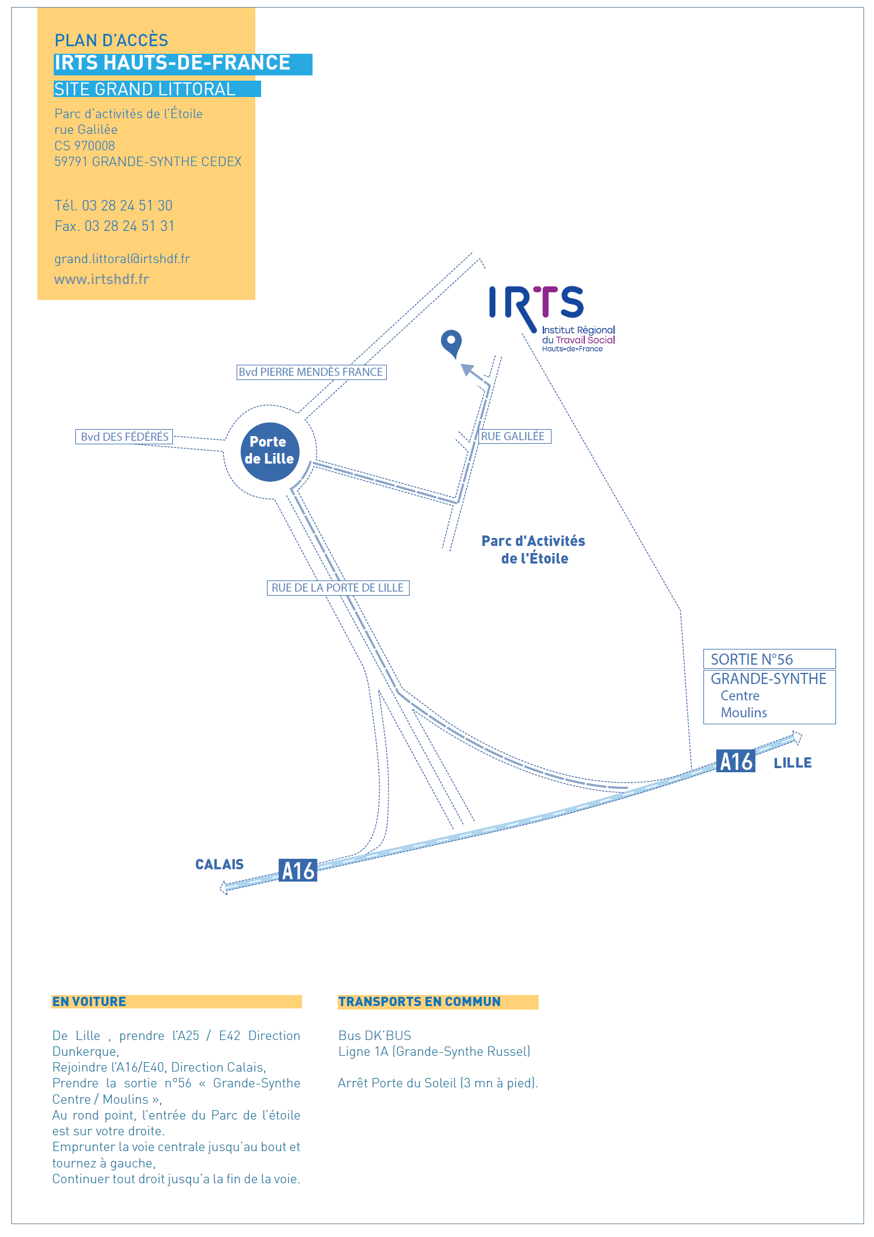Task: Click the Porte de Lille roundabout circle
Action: pyautogui.click(x=269, y=451)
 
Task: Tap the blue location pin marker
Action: pyautogui.click(x=451, y=343)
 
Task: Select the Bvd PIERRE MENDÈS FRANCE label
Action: pyautogui.click(x=311, y=372)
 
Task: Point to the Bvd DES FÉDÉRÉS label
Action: pyautogui.click(x=124, y=437)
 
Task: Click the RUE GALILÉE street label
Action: pyautogui.click(x=514, y=436)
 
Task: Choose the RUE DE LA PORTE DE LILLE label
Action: pyautogui.click(x=338, y=588)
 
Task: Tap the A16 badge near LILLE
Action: pyautogui.click(x=736, y=761)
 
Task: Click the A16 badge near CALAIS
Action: pyautogui.click(x=297, y=870)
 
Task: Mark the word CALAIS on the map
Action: pyautogui.click(x=219, y=864)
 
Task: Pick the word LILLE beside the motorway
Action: pyautogui.click(x=792, y=763)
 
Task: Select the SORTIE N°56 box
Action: pyautogui.click(x=769, y=659)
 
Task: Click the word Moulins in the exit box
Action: pyautogui.click(x=743, y=713)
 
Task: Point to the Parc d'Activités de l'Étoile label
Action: pyautogui.click(x=533, y=550)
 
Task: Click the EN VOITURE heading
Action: pyautogui.click(x=89, y=1001)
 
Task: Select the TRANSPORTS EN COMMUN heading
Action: pyautogui.click(x=419, y=1001)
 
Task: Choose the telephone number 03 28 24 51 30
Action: pyautogui.click(x=127, y=206)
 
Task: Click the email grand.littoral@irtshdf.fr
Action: pyautogui.click(x=122, y=259)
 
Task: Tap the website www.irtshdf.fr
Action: pyautogui.click(x=102, y=279)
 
